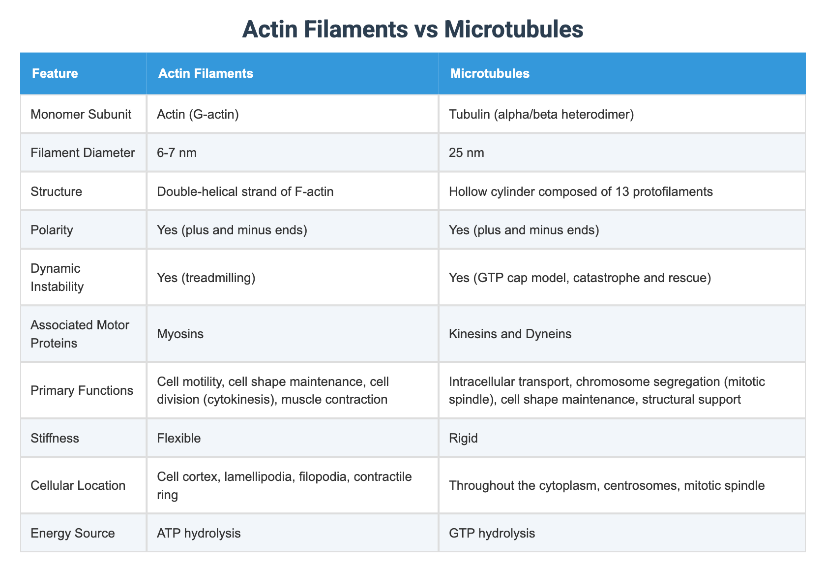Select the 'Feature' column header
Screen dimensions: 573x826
pyautogui.click(x=55, y=73)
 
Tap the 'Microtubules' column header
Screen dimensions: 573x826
pyautogui.click(x=490, y=73)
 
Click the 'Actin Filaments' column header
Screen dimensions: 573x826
pyautogui.click(x=206, y=73)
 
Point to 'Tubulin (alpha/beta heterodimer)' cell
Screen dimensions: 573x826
pyautogui.click(x=541, y=114)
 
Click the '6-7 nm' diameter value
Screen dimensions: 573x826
pyautogui.click(x=177, y=153)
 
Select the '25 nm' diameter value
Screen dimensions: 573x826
pyautogui.click(x=466, y=153)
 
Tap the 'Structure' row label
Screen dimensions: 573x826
pyautogui.click(x=56, y=191)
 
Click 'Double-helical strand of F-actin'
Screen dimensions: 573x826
pyautogui.click(x=245, y=191)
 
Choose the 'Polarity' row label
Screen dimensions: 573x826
pyautogui.click(x=52, y=230)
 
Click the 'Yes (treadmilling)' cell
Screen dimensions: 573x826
pyautogui.click(x=206, y=278)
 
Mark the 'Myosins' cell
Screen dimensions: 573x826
pyautogui.click(x=180, y=334)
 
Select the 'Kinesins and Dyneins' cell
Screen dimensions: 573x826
pyautogui.click(x=510, y=334)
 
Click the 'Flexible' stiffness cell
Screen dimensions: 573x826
pyautogui.click(x=178, y=438)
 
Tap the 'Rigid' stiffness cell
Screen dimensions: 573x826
pyautogui.click(x=463, y=438)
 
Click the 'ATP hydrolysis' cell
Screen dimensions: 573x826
pyautogui.click(x=199, y=533)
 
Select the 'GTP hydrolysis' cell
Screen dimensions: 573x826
pyautogui.click(x=492, y=533)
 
